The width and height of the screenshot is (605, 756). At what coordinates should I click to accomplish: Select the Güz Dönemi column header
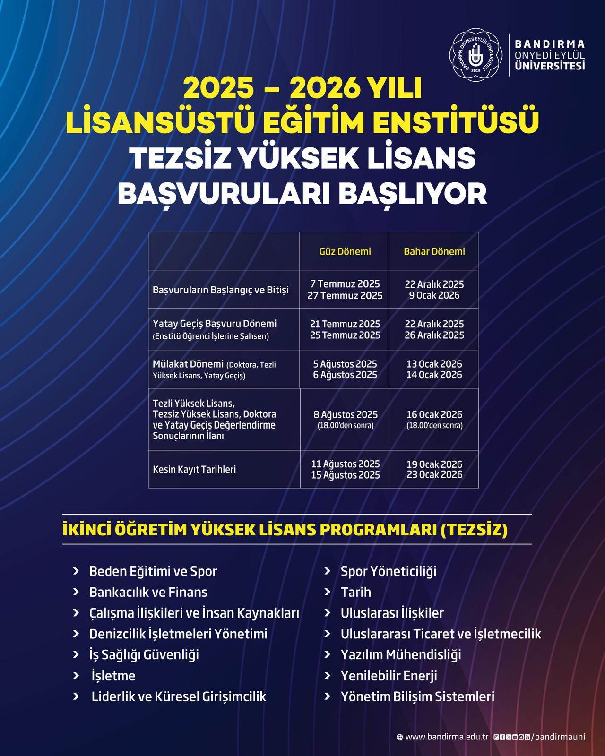point(345,251)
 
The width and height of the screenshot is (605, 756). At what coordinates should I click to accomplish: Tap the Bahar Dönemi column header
point(434,251)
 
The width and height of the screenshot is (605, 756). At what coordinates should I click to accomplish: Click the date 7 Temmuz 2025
point(345,284)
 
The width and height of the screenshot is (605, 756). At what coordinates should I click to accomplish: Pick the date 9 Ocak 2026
point(434,296)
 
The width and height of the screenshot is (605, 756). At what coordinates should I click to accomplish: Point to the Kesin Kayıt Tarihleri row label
point(194,470)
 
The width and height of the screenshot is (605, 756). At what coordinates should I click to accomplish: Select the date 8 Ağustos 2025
point(346,415)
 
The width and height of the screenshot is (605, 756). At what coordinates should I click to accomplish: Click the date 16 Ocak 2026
point(434,415)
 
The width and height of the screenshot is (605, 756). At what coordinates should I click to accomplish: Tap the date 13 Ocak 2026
point(434,364)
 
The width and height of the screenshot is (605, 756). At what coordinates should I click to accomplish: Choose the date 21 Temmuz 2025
point(345,324)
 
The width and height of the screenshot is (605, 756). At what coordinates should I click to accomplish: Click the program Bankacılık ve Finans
point(148,592)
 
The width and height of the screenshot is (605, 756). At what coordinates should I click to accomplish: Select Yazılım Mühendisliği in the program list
point(401,654)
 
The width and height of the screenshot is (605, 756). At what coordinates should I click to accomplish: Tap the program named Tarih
point(356,592)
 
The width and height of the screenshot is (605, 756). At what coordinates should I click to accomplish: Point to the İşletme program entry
point(113,676)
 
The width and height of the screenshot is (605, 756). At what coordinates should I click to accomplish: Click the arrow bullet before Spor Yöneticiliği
point(327,571)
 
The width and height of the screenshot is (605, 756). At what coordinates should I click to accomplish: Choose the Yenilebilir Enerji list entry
point(389,676)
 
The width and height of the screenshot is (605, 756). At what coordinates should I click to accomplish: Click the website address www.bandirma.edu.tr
point(447,737)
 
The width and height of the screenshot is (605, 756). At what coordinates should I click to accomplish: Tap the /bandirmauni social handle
point(558,737)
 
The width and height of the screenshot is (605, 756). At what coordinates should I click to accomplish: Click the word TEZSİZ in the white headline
point(181,158)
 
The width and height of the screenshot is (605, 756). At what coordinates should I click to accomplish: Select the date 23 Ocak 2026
point(434,475)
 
